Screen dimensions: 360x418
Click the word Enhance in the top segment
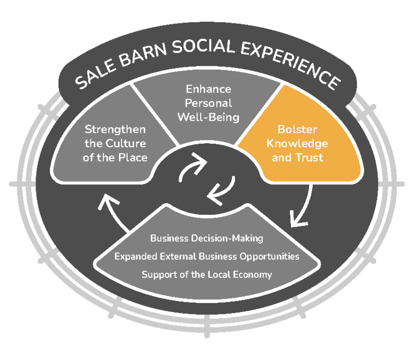tap(208, 89)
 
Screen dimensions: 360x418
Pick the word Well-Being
tap(208, 117)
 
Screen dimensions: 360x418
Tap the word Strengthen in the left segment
tap(115, 129)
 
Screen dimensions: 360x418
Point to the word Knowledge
tap(297, 143)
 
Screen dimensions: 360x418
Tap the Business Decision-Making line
tap(206, 238)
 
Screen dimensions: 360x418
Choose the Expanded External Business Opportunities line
tap(206, 256)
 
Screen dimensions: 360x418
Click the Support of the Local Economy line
tap(206, 275)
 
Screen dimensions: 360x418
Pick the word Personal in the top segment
tap(208, 103)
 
